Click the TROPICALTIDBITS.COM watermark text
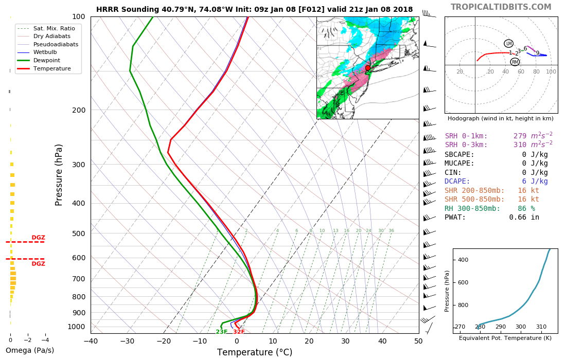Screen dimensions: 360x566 tap(501, 7)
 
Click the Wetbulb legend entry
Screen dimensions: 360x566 tap(45, 52)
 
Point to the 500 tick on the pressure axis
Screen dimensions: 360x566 tap(78, 233)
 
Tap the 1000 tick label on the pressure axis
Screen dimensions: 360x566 tap(76, 327)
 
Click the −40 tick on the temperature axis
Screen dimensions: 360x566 tap(91, 340)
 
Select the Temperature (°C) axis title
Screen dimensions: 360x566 tap(254, 352)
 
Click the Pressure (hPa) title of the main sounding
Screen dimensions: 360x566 tap(59, 175)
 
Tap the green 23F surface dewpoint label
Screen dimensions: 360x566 tap(221, 332)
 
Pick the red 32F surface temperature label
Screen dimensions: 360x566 tap(239, 332)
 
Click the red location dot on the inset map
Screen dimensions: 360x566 tap(367, 68)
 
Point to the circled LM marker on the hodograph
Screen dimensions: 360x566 tap(508, 44)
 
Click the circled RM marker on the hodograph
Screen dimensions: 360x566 tap(515, 62)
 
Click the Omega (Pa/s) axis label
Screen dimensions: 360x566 tap(29, 350)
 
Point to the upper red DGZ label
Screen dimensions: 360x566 tap(39, 238)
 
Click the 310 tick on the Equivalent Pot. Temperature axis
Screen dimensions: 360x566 tap(541, 327)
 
